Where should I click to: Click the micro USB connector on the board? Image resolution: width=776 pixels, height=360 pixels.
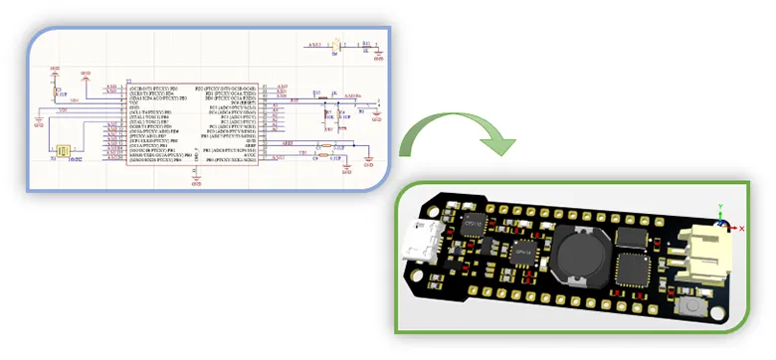click(419, 243)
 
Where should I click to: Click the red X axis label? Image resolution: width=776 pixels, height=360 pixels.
click(740, 228)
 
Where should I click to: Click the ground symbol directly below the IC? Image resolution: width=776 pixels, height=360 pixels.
click(196, 180)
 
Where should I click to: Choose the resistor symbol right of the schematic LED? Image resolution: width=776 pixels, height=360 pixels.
click(365, 46)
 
